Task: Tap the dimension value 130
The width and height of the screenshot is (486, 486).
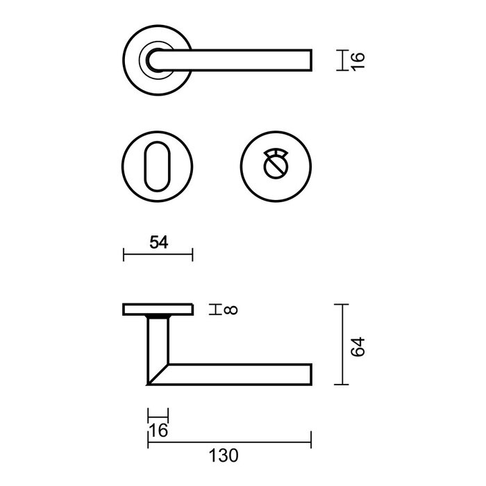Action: click(223, 456)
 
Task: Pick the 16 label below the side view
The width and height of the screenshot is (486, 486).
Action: click(158, 430)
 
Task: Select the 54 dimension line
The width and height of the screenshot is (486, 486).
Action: click(158, 255)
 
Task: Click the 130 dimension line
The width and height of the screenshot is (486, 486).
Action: click(229, 440)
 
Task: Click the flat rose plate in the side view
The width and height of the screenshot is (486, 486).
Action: click(158, 309)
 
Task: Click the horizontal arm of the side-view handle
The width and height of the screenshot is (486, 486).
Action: click(236, 374)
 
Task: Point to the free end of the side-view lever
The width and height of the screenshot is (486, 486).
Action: click(307, 374)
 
